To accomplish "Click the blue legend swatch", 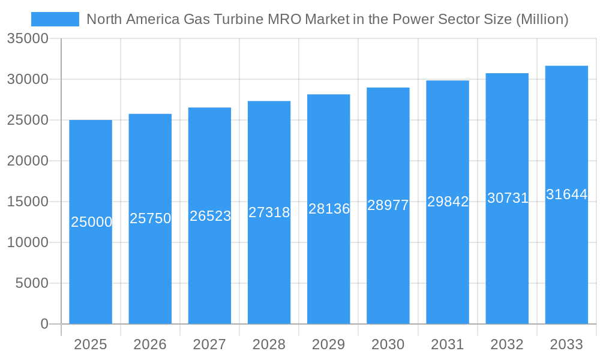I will (55, 19).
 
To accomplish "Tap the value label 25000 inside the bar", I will (91, 222).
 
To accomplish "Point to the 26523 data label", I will (210, 216).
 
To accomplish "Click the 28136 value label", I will (329, 209).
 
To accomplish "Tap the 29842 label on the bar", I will (448, 202).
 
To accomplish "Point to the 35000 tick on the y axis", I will (28, 38).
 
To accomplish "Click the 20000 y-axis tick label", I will (28, 161).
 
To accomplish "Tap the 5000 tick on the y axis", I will (32, 283).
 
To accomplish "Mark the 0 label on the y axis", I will (44, 324).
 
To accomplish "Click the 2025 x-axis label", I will (91, 344).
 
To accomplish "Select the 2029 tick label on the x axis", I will (329, 344).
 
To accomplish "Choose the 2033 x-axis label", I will (566, 344).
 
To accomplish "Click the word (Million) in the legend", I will (542, 19).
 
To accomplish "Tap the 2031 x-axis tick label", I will (448, 344).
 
